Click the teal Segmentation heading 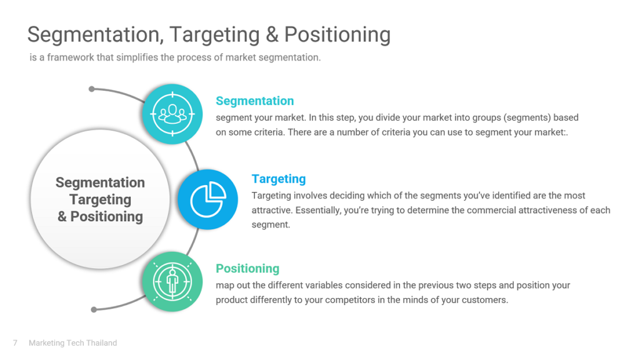point(255,101)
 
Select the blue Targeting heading point(279,179)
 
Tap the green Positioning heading point(247,269)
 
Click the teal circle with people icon point(172,114)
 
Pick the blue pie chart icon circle point(207,199)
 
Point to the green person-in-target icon point(172,282)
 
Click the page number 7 point(15,343)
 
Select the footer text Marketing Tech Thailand point(72,343)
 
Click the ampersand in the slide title point(272,34)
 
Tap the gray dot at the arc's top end point(92,89)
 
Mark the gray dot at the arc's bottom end point(94,309)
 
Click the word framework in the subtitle point(71,57)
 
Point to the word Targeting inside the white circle point(101,199)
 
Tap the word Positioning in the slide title point(337,34)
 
